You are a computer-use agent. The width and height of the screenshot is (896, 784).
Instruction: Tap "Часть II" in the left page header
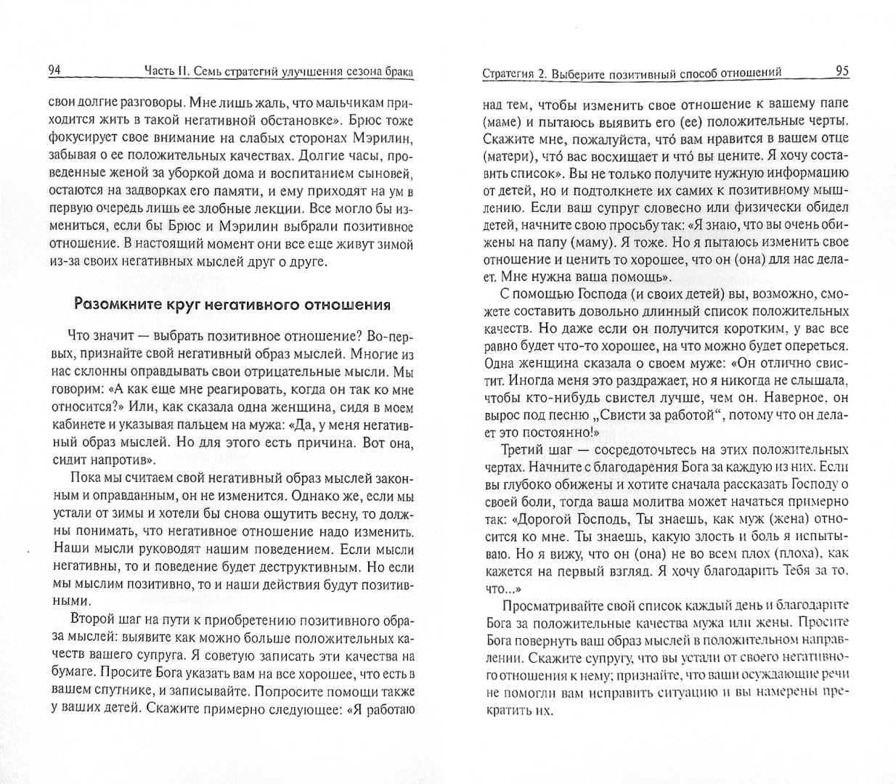tap(167, 71)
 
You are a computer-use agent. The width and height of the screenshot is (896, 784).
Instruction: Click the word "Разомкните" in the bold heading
tap(118, 304)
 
